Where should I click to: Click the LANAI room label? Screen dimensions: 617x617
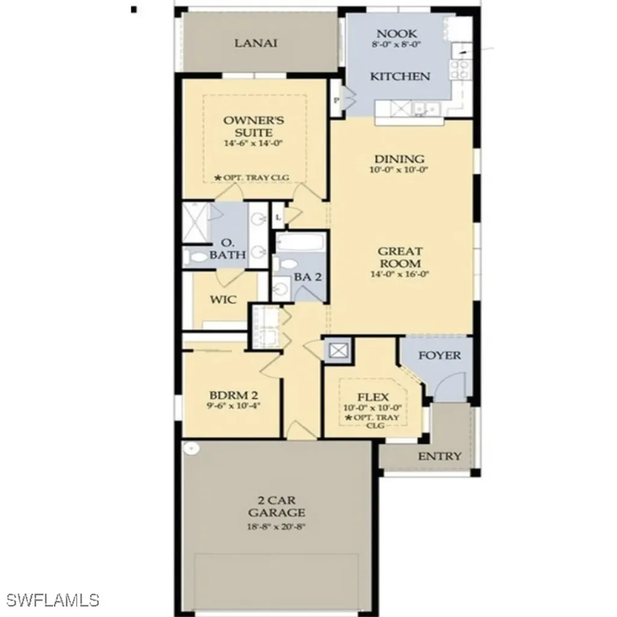pyautogui.click(x=256, y=43)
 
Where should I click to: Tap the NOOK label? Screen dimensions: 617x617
pyautogui.click(x=396, y=34)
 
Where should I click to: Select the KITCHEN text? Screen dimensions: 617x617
pyautogui.click(x=399, y=77)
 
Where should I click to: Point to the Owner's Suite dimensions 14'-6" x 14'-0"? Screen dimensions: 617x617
pyautogui.click(x=253, y=143)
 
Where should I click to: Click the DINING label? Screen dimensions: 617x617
pyautogui.click(x=399, y=159)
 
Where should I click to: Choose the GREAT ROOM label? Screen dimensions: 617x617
pyautogui.click(x=399, y=257)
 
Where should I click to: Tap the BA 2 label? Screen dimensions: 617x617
pyautogui.click(x=307, y=277)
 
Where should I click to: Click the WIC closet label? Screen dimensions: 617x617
pyautogui.click(x=223, y=299)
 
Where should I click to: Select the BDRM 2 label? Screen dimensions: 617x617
pyautogui.click(x=233, y=395)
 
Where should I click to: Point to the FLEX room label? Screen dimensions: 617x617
pyautogui.click(x=373, y=397)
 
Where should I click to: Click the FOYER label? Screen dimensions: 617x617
pyautogui.click(x=439, y=355)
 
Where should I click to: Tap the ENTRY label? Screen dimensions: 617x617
pyautogui.click(x=440, y=456)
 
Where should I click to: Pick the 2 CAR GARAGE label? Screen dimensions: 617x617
pyautogui.click(x=277, y=507)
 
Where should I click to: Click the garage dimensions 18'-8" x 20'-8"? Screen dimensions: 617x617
pyautogui.click(x=277, y=526)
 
